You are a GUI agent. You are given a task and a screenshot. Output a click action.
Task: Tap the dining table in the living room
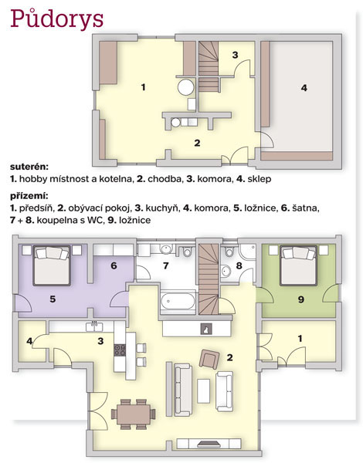click(x=134, y=414)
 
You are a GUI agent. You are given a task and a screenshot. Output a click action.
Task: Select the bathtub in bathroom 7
click(x=178, y=302)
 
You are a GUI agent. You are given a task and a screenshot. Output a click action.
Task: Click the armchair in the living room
click(x=209, y=359)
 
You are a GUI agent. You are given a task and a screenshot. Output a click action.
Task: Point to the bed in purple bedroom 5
click(x=52, y=265)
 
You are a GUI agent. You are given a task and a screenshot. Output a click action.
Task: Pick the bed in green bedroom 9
click(x=299, y=265)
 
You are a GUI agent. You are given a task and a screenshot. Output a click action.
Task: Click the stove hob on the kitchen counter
click(x=120, y=350)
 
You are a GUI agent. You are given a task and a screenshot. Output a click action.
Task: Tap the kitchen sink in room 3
click(x=94, y=326)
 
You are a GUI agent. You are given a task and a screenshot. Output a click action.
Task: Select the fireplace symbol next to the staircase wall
click(x=206, y=329)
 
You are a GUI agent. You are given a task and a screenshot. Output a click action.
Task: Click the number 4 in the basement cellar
click(x=304, y=88)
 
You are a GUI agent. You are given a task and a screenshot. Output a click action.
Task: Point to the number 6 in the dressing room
click(x=114, y=265)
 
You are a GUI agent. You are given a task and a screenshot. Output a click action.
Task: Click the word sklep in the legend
click(x=260, y=179)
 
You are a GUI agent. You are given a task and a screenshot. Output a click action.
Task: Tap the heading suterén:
click(x=29, y=167)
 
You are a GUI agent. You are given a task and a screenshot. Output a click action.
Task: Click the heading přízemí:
click(x=29, y=196)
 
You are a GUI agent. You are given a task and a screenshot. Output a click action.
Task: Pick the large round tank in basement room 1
click(x=186, y=87)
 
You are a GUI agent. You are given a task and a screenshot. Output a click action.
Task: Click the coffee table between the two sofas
click(x=204, y=391)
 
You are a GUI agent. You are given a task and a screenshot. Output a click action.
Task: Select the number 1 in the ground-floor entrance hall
click(x=300, y=339)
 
